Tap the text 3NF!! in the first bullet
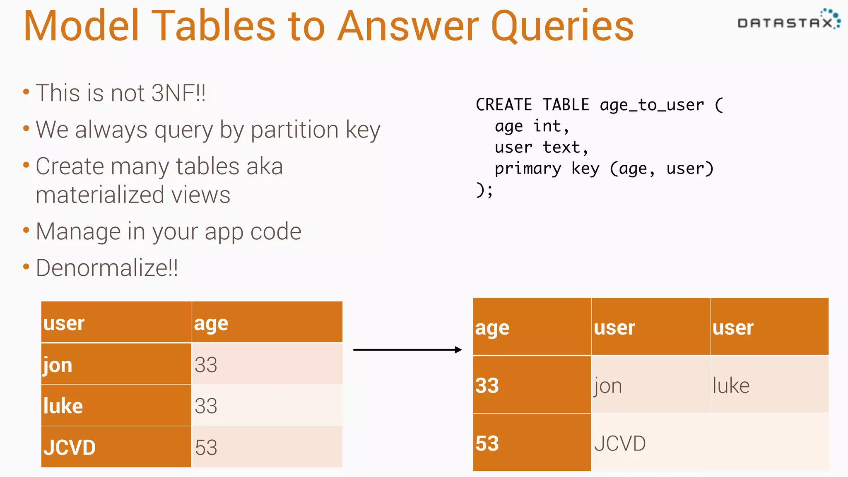pyautogui.click(x=178, y=93)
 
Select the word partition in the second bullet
pyautogui.click(x=294, y=130)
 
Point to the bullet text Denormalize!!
pyautogui.click(x=107, y=268)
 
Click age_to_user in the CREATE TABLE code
pyautogui.click(x=652, y=105)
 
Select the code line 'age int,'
pyautogui.click(x=532, y=126)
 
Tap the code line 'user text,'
pyautogui.click(x=541, y=147)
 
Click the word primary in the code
pyautogui.click(x=528, y=169)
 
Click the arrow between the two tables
pyautogui.click(x=407, y=350)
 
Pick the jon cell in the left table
pyautogui.click(x=116, y=365)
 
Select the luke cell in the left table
pyautogui.click(x=116, y=406)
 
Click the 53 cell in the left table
pyautogui.click(x=267, y=447)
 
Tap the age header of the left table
pyautogui.click(x=267, y=323)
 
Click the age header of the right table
pyautogui.click(x=532, y=328)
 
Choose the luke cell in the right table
pyautogui.click(x=769, y=385)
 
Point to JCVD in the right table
pyautogui.click(x=620, y=443)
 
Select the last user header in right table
pyautogui.click(x=769, y=328)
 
